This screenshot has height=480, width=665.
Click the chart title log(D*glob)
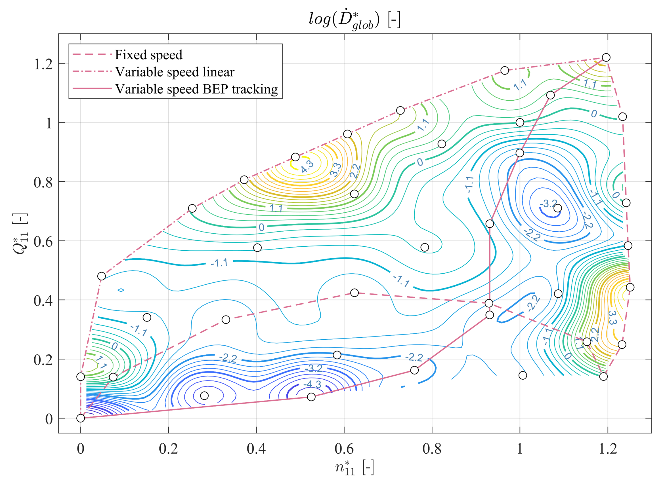tap(354, 20)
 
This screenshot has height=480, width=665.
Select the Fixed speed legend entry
tap(148, 55)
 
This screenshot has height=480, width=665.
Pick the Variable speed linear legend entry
tap(175, 72)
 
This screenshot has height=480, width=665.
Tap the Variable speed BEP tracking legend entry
tap(196, 89)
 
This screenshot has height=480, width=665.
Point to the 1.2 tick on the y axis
tap(43, 64)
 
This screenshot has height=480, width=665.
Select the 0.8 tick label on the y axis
tap(43, 182)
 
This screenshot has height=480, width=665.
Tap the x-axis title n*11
tap(354, 468)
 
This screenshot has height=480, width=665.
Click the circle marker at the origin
tap(81, 418)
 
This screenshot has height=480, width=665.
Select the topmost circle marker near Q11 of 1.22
tap(606, 57)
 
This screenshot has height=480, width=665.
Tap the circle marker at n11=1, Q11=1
tap(520, 122)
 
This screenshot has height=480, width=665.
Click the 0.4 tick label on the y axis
tap(43, 301)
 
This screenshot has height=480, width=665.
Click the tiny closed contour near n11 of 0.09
tap(121, 290)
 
